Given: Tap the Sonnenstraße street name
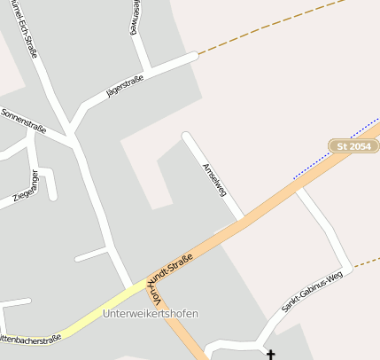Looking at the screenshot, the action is coord(25,121).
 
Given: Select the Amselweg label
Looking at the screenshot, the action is coord(214,178).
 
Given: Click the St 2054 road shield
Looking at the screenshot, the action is coord(353,145).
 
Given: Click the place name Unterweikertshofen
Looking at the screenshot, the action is coord(151,314).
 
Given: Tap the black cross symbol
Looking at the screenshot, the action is coord(270,355).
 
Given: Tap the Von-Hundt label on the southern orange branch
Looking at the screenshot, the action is coord(158,298).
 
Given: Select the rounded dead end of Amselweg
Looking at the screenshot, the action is coord(186,137).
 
